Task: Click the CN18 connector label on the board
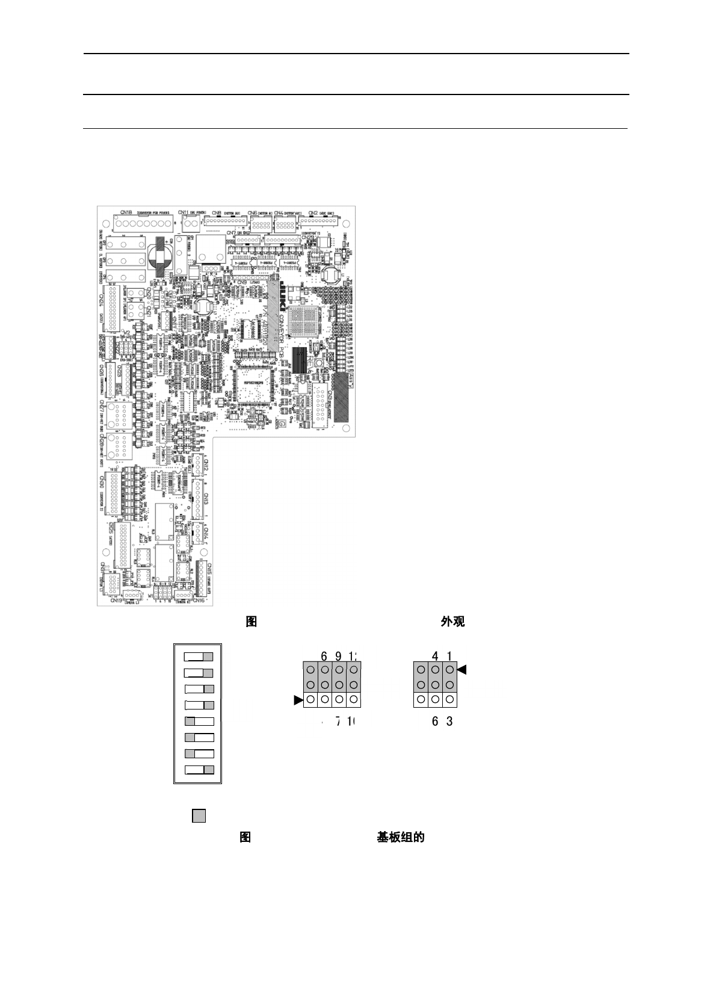[126, 212]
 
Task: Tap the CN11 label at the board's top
[185, 212]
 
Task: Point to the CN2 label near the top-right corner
[313, 212]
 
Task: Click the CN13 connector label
[205, 499]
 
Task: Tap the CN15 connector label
[208, 569]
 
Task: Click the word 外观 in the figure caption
[452, 622]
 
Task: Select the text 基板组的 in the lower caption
[401, 837]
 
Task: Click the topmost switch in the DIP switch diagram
[199, 657]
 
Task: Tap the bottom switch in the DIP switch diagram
[199, 769]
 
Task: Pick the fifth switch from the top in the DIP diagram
[199, 722]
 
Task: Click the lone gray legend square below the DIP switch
[199, 816]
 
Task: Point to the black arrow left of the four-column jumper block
[298, 700]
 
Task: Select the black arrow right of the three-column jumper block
[462, 669]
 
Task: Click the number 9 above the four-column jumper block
[339, 656]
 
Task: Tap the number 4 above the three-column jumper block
[435, 656]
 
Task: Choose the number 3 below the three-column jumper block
[449, 722]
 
